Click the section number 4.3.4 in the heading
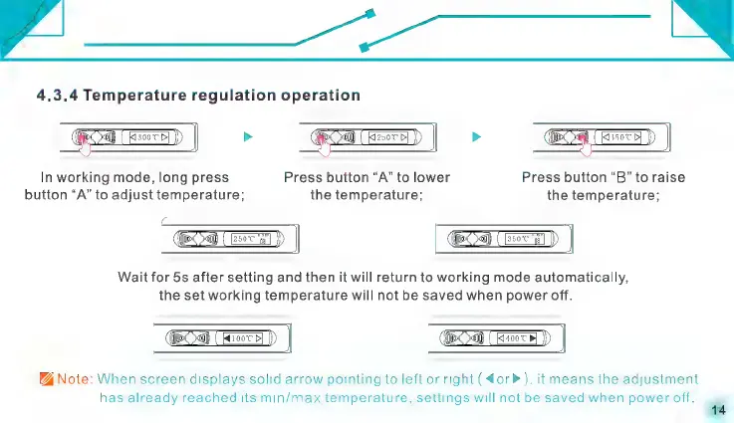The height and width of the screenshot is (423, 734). click(x=57, y=96)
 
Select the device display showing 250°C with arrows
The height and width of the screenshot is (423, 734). click(x=388, y=137)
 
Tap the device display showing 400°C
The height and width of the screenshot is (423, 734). click(x=518, y=339)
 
